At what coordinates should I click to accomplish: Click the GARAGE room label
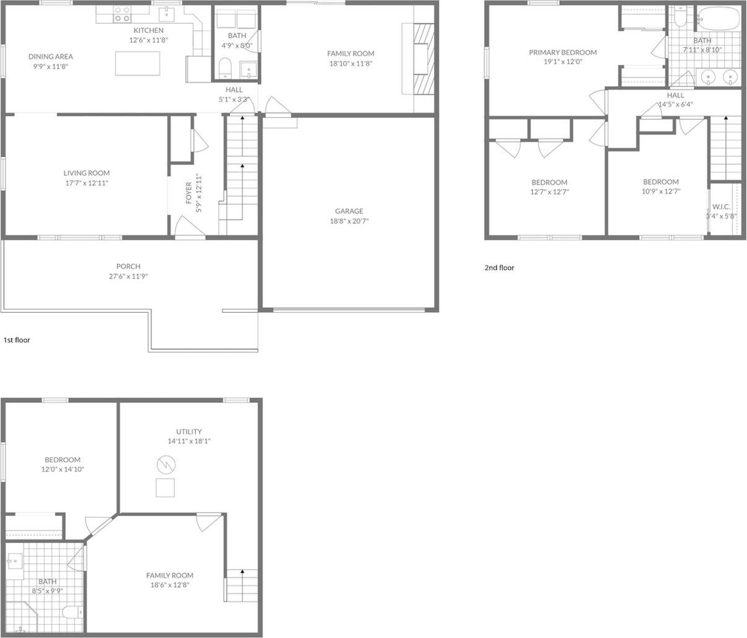pyautogui.click(x=349, y=211)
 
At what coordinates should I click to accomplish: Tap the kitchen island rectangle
pyautogui.click(x=138, y=63)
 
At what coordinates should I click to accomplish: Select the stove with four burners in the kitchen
pyautogui.click(x=122, y=14)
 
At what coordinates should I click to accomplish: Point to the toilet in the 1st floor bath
pyautogui.click(x=225, y=68)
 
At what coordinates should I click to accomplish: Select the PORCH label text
pyautogui.click(x=128, y=266)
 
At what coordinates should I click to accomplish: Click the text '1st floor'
pyautogui.click(x=17, y=340)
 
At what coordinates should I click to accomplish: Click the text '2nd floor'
pyautogui.click(x=499, y=267)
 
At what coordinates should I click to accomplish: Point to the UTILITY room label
pyautogui.click(x=189, y=431)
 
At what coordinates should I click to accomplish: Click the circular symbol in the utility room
pyautogui.click(x=166, y=464)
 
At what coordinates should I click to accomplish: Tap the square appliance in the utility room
pyautogui.click(x=165, y=487)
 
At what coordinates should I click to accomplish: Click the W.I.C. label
pyautogui.click(x=722, y=207)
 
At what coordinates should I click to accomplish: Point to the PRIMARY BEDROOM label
pyautogui.click(x=563, y=53)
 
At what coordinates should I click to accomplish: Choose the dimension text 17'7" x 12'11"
pyautogui.click(x=87, y=183)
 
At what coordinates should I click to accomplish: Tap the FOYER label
pyautogui.click(x=188, y=193)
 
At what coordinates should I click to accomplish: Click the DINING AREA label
pyautogui.click(x=51, y=56)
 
